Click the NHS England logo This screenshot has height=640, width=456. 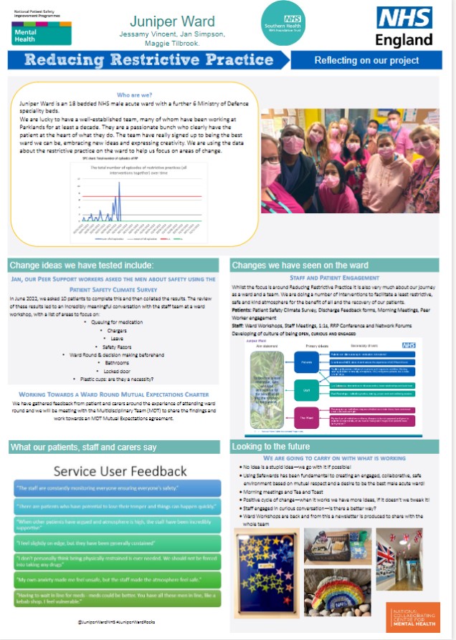404,27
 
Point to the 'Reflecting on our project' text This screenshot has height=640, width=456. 366,60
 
